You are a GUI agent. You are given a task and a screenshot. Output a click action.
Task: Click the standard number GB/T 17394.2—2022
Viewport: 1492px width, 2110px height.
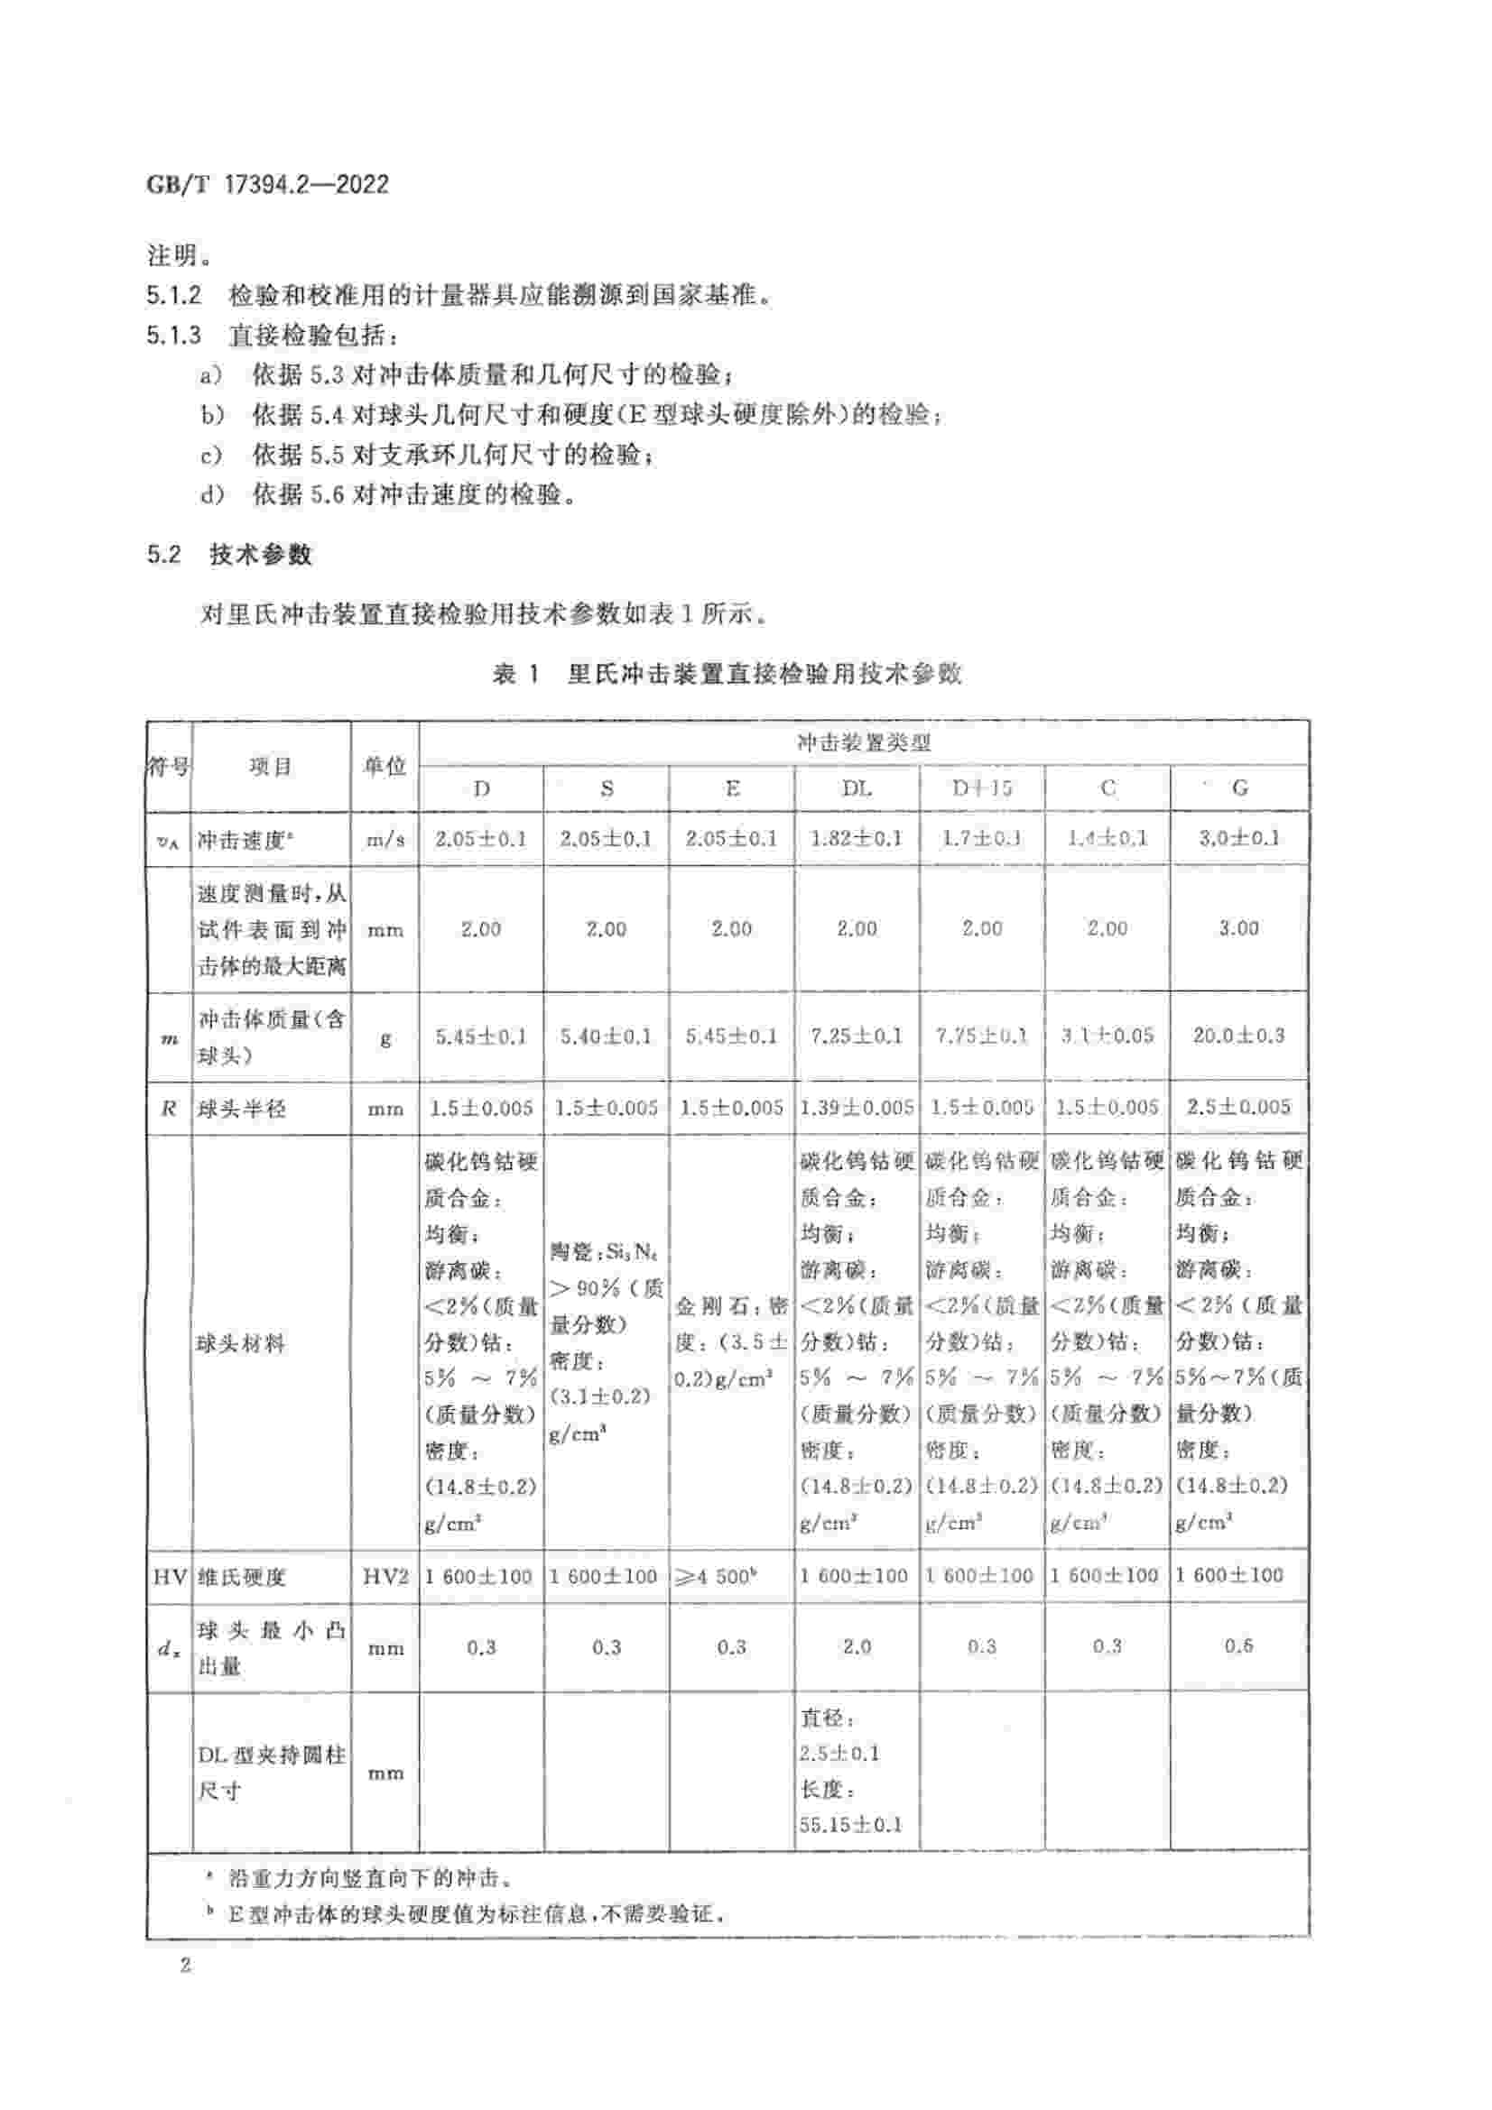pos(267,184)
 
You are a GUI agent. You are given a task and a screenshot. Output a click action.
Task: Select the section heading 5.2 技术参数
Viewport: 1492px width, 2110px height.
pos(229,554)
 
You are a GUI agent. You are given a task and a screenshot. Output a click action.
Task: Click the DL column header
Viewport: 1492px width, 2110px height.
pos(857,788)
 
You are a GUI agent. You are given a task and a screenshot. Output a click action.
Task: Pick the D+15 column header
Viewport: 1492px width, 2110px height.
pos(982,788)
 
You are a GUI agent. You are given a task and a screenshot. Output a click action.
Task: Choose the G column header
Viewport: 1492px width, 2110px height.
pos(1239,788)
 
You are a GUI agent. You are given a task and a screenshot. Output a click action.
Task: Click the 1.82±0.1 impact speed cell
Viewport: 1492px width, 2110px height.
pos(857,838)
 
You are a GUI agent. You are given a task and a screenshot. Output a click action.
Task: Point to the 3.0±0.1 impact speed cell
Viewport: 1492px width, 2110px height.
pos(1239,838)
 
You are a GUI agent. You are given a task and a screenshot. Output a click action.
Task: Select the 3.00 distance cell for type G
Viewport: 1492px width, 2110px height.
pos(1239,928)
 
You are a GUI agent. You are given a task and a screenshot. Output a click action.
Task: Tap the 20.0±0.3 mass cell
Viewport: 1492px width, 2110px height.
pos(1239,1036)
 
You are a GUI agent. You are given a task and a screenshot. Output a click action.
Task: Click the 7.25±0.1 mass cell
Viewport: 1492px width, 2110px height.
pos(857,1037)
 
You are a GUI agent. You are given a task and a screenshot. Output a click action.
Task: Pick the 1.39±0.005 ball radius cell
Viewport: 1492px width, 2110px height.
pos(857,1109)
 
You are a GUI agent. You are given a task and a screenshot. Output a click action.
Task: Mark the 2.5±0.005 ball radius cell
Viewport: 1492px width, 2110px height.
pos(1239,1108)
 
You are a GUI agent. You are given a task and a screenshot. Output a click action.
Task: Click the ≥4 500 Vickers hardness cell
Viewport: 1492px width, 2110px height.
pos(732,1577)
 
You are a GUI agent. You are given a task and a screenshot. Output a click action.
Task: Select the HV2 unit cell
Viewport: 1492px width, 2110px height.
pos(385,1577)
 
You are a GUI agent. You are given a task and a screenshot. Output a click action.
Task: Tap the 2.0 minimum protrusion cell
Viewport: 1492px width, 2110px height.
pos(857,1647)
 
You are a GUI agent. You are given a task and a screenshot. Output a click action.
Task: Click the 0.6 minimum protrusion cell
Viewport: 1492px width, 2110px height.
pos(1239,1646)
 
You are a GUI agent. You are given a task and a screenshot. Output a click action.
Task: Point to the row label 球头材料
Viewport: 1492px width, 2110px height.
pos(241,1344)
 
